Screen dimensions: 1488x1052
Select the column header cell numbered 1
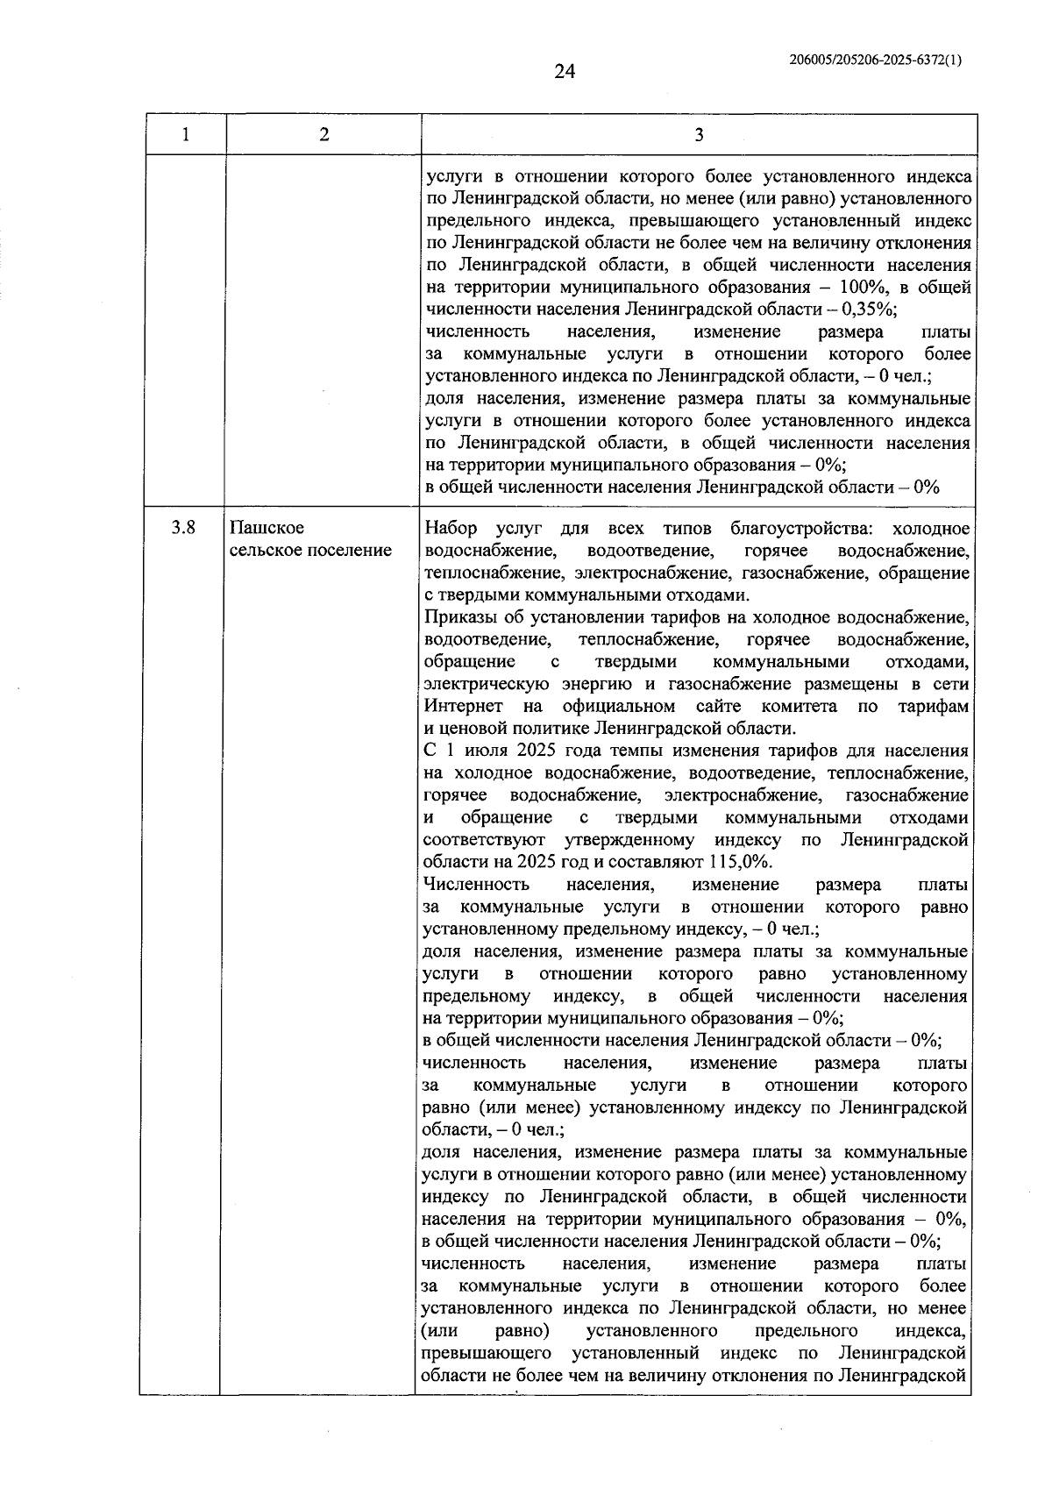185,134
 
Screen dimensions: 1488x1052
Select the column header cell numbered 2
323,134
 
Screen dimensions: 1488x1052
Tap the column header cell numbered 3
698,134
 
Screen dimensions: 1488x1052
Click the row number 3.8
183,528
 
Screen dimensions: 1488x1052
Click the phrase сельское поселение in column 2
310,551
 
